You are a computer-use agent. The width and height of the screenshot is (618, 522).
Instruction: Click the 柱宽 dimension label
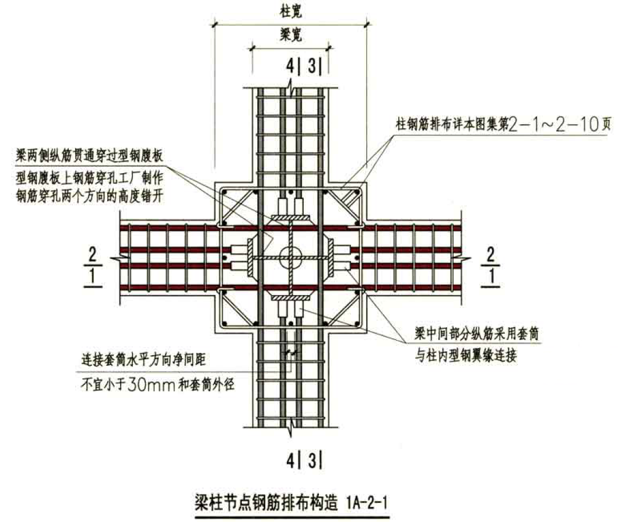tap(290, 10)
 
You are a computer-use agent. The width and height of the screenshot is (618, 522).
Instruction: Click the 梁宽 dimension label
tap(290, 36)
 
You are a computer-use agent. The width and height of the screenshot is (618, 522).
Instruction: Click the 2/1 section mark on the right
tap(491, 266)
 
